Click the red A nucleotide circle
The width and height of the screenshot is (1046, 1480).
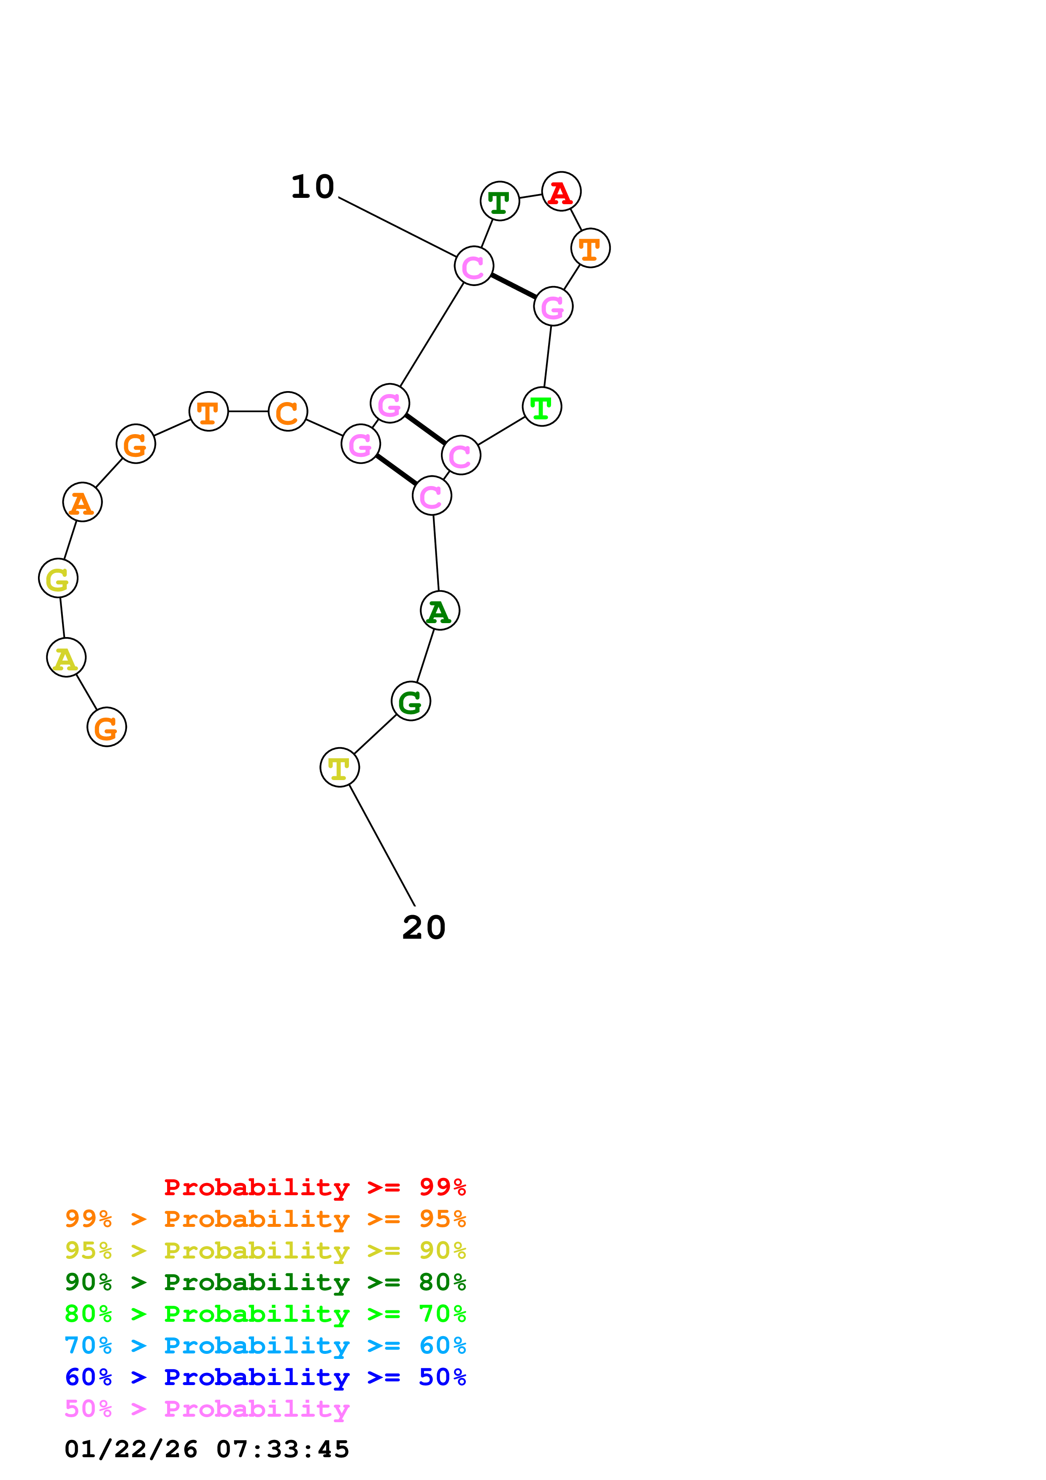coord(561,192)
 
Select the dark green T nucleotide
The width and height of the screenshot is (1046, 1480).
coord(500,201)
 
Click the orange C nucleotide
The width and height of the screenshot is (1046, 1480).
coord(287,411)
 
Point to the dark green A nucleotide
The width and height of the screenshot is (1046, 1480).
coord(440,610)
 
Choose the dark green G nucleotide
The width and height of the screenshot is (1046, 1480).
coord(411,701)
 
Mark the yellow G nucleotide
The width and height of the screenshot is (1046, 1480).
coord(58,578)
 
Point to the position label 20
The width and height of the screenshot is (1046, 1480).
coord(424,928)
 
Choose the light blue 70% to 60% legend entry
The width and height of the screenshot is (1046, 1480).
coord(265,1345)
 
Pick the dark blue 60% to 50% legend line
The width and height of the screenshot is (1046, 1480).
coord(265,1377)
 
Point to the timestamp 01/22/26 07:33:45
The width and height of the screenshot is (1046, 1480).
coord(207,1449)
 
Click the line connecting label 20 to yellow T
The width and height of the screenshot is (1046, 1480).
coord(381,845)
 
